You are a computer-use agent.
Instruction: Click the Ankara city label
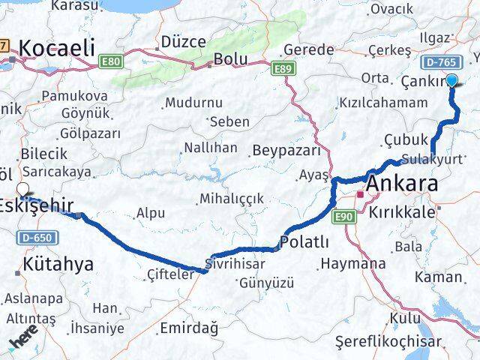coord(402,184)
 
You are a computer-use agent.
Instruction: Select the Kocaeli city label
coord(56,49)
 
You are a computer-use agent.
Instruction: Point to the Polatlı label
coord(304,241)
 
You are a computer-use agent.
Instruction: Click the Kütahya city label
coord(58,264)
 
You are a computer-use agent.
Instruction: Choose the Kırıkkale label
coord(401,212)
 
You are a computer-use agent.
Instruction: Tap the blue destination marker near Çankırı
coord(452,81)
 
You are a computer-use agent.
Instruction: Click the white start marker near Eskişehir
coord(22,190)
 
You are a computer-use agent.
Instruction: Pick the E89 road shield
coord(283,69)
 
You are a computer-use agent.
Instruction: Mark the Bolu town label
coord(230,58)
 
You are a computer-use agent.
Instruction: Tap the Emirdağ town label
coord(188,328)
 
